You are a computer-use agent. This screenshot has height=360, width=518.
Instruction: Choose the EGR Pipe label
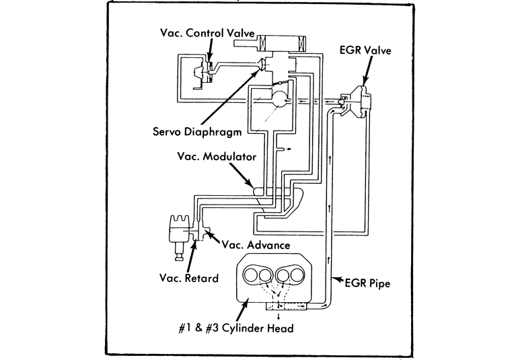(x=367, y=283)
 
